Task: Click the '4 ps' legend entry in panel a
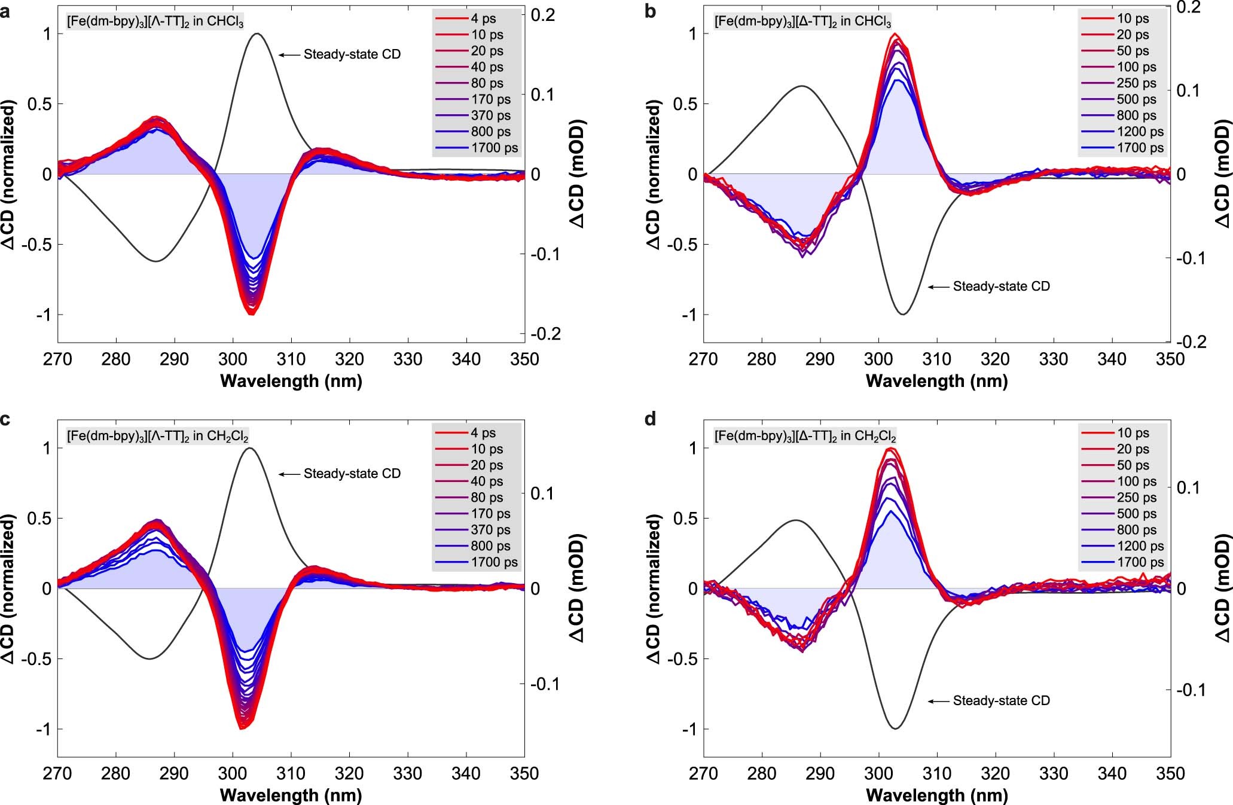483,19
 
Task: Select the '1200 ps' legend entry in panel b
1140,132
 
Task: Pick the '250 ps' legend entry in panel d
1136,498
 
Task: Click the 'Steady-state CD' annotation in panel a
352,54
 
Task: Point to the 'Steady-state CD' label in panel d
1001,700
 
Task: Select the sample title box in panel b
802,22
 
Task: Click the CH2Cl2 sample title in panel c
157,435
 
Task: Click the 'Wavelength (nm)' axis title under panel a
291,381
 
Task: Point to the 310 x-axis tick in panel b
936,359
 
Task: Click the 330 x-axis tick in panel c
408,774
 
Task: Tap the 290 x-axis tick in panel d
820,774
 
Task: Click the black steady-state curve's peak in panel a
257,34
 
